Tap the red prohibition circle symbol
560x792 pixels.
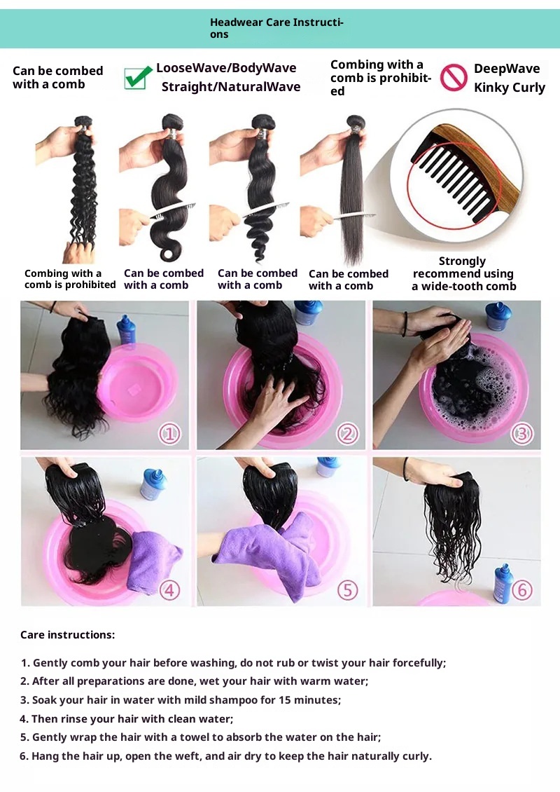(x=453, y=78)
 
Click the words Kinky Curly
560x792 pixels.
(x=510, y=88)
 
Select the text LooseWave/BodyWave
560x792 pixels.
(x=226, y=68)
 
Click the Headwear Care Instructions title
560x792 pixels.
(x=276, y=28)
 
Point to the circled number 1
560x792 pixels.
(x=169, y=433)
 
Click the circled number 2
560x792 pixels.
(x=347, y=433)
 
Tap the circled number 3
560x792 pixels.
(x=521, y=433)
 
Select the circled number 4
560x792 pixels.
(x=169, y=590)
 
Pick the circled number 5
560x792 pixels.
(x=347, y=590)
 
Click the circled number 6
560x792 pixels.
(x=521, y=590)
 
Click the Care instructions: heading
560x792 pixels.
(x=68, y=635)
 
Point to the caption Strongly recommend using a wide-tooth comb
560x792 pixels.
(x=463, y=274)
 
